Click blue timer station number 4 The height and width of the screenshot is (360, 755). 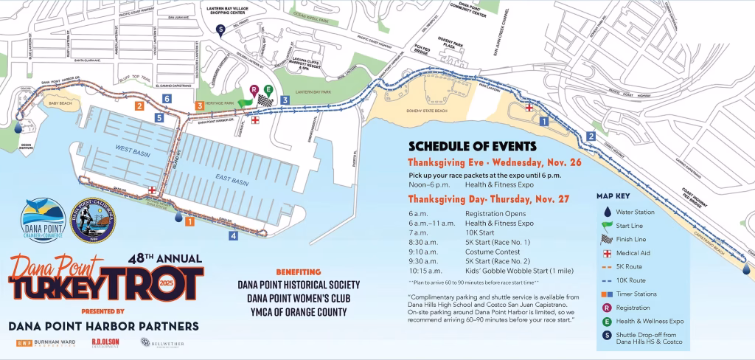[x=233, y=236]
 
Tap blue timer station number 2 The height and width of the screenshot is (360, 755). [x=591, y=136]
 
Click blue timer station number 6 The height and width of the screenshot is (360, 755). [x=168, y=98]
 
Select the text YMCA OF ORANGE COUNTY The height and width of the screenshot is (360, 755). [x=292, y=312]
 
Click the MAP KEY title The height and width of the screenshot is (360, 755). [x=615, y=197]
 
